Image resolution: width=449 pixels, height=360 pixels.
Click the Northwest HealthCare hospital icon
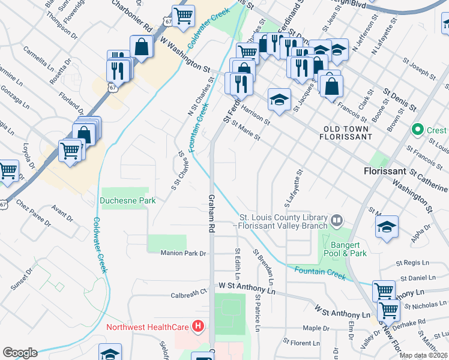coord(198,327)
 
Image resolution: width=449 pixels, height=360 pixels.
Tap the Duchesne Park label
coord(124,202)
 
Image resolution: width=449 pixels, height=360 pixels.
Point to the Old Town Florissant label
coord(348,133)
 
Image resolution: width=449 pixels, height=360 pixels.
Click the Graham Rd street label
coord(211,212)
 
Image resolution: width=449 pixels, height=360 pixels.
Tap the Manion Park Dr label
coord(183,254)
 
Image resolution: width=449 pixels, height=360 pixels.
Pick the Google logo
coord(20,353)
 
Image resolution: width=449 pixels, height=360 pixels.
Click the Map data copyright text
coord(423,355)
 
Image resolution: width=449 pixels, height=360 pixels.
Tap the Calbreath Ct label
coord(188,294)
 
